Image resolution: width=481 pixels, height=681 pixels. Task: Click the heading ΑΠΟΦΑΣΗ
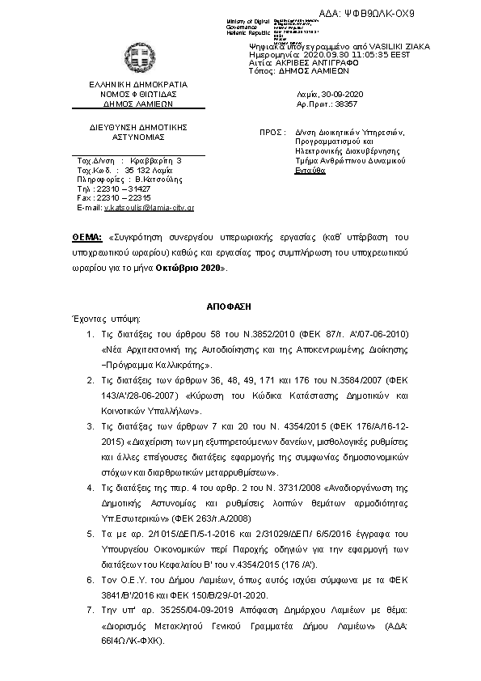click(x=239, y=307)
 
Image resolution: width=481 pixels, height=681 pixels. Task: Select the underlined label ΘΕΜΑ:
click(x=86, y=239)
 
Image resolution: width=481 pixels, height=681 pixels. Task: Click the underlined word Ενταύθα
click(x=310, y=171)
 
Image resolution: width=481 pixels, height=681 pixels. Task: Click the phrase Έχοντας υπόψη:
click(x=95, y=319)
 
